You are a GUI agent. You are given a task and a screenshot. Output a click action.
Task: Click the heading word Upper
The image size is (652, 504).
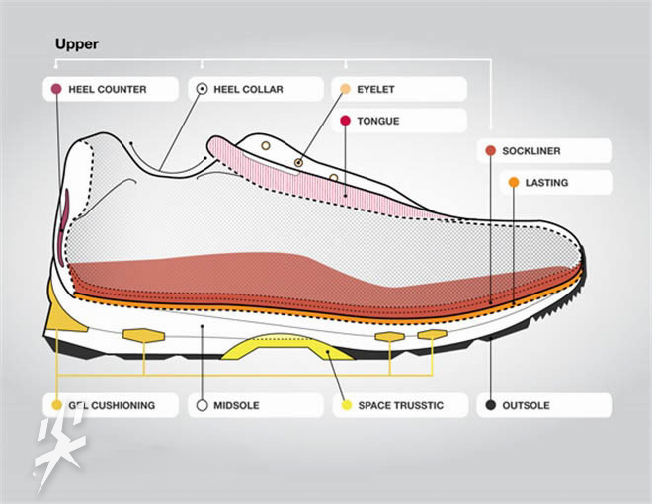pyautogui.click(x=77, y=44)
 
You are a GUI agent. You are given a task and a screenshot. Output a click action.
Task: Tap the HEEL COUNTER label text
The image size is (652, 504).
pyautogui.click(x=108, y=89)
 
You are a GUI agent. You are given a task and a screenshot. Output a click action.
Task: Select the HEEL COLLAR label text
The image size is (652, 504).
pyautogui.click(x=248, y=89)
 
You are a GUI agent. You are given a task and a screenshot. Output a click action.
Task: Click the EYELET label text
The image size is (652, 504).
pyautogui.click(x=375, y=89)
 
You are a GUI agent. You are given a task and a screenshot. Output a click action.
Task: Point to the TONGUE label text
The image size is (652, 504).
pyautogui.click(x=377, y=121)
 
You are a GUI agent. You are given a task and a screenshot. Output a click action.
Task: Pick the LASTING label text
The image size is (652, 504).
pyautogui.click(x=546, y=183)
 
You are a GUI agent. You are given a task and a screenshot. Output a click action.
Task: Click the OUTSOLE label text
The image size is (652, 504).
pyautogui.click(x=526, y=405)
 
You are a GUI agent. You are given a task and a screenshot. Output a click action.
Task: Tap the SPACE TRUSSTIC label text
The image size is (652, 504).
pyautogui.click(x=400, y=405)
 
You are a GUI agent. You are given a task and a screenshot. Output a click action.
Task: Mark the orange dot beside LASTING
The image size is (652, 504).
pyautogui.click(x=514, y=182)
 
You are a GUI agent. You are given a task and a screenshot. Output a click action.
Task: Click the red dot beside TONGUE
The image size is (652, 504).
pyautogui.click(x=345, y=121)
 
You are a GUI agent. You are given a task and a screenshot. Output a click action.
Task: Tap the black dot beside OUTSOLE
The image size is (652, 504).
pyautogui.click(x=491, y=405)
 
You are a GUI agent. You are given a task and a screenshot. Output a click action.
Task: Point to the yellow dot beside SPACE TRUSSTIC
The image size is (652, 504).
pyautogui.click(x=345, y=405)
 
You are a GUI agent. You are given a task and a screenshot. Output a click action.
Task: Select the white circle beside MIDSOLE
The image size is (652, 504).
pyautogui.click(x=202, y=405)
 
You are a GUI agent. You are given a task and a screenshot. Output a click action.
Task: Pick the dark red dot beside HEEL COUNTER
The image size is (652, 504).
pyautogui.click(x=56, y=89)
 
